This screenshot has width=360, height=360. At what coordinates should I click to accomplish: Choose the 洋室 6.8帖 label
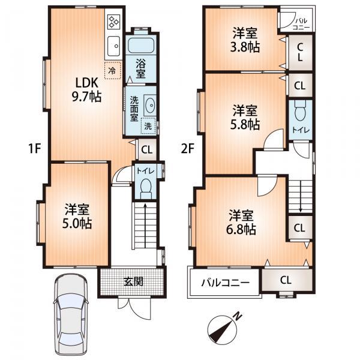pos(242,221)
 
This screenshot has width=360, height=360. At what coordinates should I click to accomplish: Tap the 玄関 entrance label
pos(133,281)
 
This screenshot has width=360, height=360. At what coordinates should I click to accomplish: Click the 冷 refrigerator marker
pos(112,70)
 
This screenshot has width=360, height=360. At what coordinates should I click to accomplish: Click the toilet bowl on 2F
pos(299,111)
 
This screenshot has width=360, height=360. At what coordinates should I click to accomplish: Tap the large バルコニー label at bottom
pos(225,281)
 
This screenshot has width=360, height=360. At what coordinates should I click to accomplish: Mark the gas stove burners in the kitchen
pos(113,22)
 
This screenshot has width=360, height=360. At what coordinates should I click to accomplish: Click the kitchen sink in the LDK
pos(113,44)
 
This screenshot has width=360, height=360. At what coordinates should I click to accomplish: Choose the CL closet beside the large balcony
pos(286,279)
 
